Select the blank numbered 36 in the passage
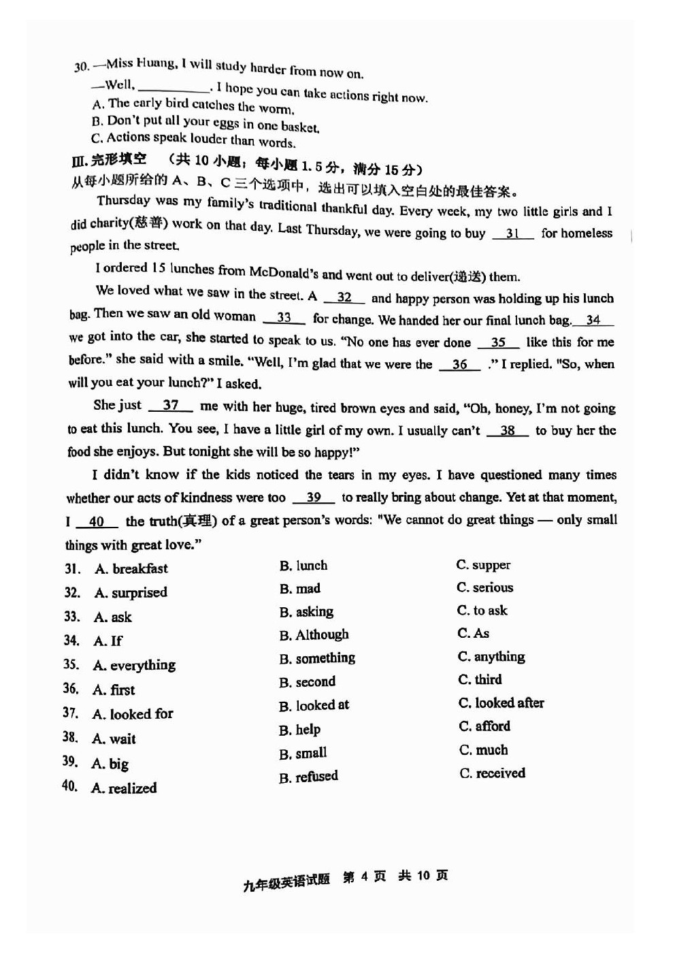click(459, 364)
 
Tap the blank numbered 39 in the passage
click(313, 498)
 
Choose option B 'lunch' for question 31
click(303, 566)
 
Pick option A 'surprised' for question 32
click(131, 592)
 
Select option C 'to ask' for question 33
click(482, 611)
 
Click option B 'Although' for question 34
click(314, 635)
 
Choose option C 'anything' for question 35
click(491, 657)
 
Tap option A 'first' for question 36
click(114, 690)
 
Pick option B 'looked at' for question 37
click(314, 705)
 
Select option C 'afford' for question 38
click(484, 726)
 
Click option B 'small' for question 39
click(303, 754)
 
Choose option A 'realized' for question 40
click(124, 788)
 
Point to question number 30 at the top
click(82, 66)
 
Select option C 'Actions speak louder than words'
click(193, 140)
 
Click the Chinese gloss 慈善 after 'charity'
click(150, 223)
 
